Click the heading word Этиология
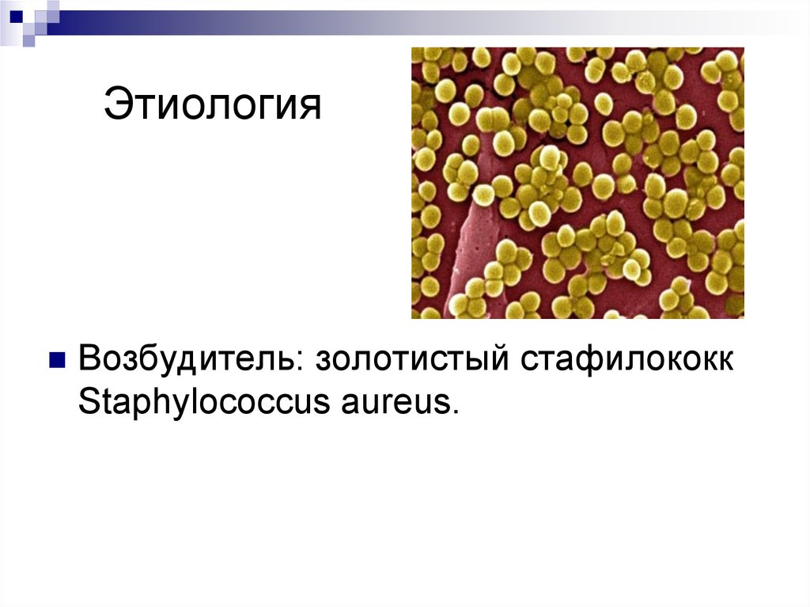213,105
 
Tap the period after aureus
454,413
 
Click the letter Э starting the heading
115,105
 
